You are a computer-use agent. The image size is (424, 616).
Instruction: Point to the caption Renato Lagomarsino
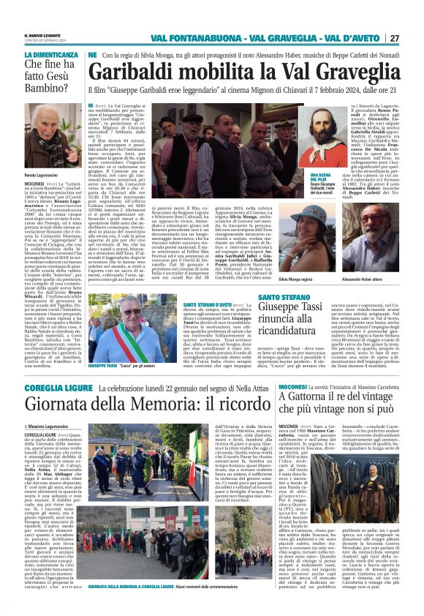click(41, 176)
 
